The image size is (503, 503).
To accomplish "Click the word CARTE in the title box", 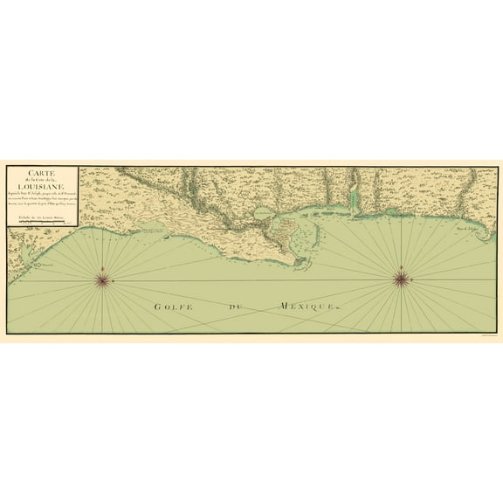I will click(x=42, y=172).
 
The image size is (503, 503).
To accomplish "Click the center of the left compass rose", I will click(x=103, y=279).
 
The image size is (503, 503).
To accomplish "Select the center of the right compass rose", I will click(x=402, y=279).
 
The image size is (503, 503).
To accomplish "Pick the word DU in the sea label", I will click(x=234, y=307).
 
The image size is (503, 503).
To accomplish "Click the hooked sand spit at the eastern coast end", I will click(x=479, y=229).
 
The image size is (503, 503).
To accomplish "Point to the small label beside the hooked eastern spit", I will click(x=464, y=231).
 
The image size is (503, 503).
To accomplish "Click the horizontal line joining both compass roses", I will click(x=253, y=279).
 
